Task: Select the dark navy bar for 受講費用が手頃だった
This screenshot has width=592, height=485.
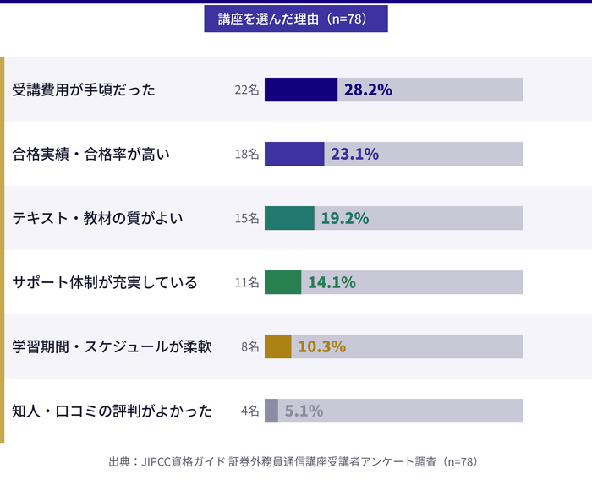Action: [x=301, y=90]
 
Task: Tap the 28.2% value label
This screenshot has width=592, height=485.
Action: [x=368, y=90]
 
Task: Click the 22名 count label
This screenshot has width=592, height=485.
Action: [x=247, y=90]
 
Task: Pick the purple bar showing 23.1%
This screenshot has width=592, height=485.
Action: [x=294, y=154]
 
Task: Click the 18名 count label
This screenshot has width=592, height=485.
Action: [x=247, y=154]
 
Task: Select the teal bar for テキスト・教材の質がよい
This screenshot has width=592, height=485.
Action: [x=289, y=218]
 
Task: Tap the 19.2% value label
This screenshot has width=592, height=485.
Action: [x=345, y=218]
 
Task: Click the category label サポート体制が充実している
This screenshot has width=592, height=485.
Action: [x=105, y=282]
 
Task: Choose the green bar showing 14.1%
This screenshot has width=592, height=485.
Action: [x=282, y=282]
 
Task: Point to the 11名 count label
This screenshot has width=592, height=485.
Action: [x=247, y=282]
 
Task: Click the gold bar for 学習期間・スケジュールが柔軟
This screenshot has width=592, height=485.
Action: [x=277, y=346]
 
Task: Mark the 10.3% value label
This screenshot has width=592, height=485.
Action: [x=321, y=346]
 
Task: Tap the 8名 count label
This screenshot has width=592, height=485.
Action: [x=249, y=346]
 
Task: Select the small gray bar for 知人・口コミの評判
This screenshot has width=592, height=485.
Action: [x=271, y=411]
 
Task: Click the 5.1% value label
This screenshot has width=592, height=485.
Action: [x=304, y=411]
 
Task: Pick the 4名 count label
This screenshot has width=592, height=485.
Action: [x=249, y=411]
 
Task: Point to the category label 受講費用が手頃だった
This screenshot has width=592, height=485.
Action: [x=84, y=90]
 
